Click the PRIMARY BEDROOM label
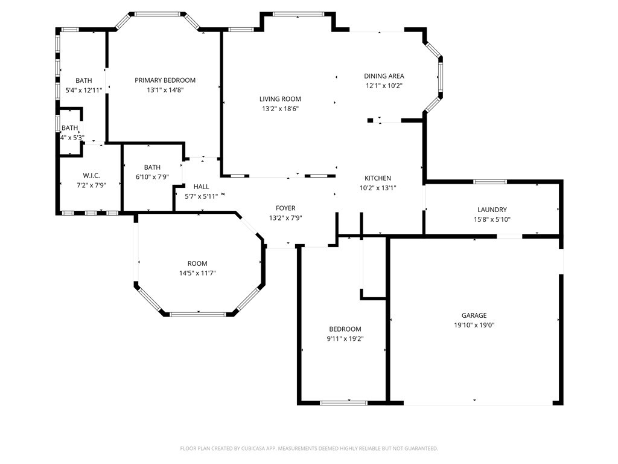[x=165, y=80]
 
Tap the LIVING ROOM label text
[x=280, y=99]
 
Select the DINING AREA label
[x=384, y=76]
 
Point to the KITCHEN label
[x=378, y=178]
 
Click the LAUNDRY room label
[x=492, y=210]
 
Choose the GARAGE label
[x=474, y=315]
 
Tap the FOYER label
[x=285, y=208]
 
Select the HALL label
[x=201, y=187]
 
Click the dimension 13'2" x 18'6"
[x=280, y=109]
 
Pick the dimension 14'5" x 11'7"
[x=197, y=273]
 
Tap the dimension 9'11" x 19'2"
[x=345, y=339]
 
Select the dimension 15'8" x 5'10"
[x=492, y=220]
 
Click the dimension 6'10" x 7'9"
[x=152, y=177]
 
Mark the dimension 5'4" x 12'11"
[x=83, y=90]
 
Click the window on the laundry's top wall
[x=489, y=181]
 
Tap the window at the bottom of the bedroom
[x=343, y=402]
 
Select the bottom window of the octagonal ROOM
[x=197, y=314]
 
